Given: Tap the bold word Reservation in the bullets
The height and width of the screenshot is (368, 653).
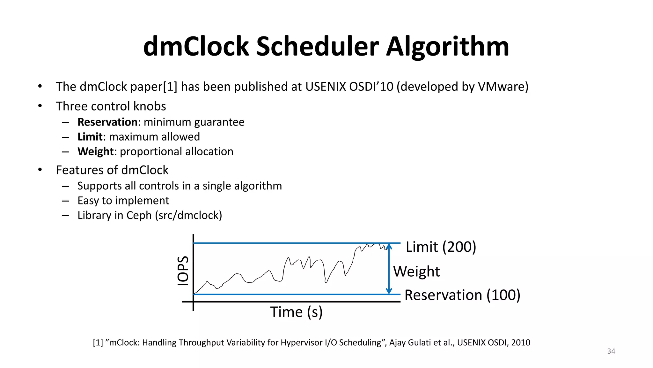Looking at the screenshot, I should [x=107, y=122].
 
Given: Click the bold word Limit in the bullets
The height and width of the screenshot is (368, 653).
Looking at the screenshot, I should [x=90, y=137].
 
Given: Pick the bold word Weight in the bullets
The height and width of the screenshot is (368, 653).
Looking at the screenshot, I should [x=95, y=151].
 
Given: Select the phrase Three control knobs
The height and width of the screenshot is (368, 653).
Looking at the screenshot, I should [x=111, y=106].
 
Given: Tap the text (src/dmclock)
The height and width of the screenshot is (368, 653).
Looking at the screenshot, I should [x=188, y=215].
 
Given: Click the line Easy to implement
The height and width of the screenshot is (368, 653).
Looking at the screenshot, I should [x=123, y=201].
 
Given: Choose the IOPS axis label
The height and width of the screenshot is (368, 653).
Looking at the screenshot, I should [x=183, y=271].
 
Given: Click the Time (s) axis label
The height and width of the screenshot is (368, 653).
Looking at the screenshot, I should [x=296, y=312].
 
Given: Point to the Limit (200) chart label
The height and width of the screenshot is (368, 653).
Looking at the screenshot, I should [x=441, y=247].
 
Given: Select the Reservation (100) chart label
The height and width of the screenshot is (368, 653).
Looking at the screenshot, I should [x=462, y=295].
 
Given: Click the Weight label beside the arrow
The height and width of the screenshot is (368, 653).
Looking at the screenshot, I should [x=416, y=272].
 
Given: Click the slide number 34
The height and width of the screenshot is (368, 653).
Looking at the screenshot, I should [x=611, y=351].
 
